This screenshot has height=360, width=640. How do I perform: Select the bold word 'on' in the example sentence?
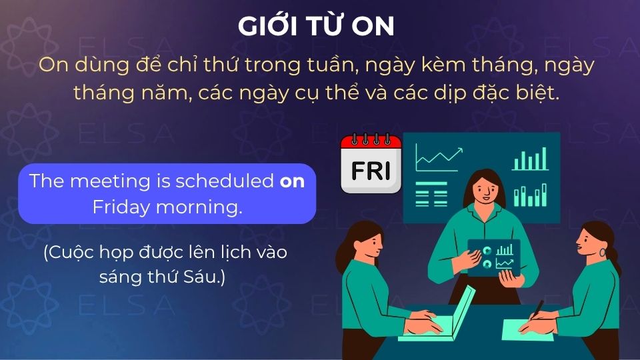pos(292,181)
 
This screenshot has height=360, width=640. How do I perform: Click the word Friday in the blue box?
pos(121,207)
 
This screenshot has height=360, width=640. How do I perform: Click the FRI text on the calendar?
pos(370,171)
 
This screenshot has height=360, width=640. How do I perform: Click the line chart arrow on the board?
pos(440,158)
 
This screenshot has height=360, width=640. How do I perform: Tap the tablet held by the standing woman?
pos(494,257)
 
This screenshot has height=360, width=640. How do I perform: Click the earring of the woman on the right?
pos(603,253)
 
